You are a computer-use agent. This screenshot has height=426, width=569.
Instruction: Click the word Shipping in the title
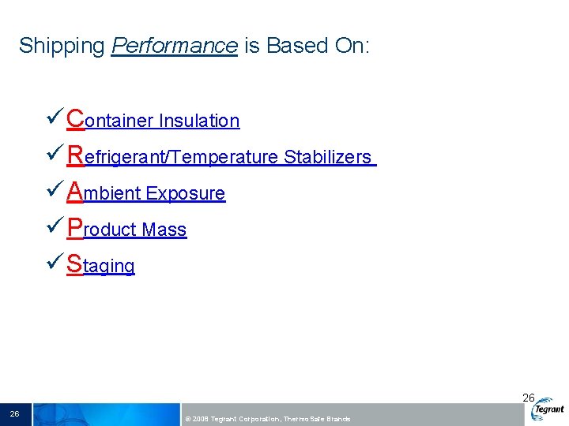click(x=62, y=47)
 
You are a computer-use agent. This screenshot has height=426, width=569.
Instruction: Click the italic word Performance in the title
click(x=174, y=47)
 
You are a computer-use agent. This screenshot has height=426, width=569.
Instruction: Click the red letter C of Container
click(x=77, y=118)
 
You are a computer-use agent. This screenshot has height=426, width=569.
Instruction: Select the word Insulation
click(x=199, y=121)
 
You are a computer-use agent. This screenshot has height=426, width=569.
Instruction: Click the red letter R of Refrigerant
click(x=77, y=155)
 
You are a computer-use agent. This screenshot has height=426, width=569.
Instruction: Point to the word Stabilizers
click(x=327, y=157)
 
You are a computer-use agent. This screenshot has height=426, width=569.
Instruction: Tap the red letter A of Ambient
click(x=76, y=191)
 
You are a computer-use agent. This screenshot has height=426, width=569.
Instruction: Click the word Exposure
click(x=186, y=193)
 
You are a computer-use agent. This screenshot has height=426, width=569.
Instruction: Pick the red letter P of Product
click(x=76, y=227)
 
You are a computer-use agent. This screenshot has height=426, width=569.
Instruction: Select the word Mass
click(x=164, y=230)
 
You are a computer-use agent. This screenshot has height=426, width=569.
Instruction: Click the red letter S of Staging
click(x=75, y=263)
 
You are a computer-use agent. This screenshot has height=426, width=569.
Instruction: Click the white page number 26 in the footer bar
click(x=14, y=413)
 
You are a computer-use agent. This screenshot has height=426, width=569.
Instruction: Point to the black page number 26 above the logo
click(x=529, y=398)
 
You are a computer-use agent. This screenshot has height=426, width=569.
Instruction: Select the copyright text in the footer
click(x=266, y=419)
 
